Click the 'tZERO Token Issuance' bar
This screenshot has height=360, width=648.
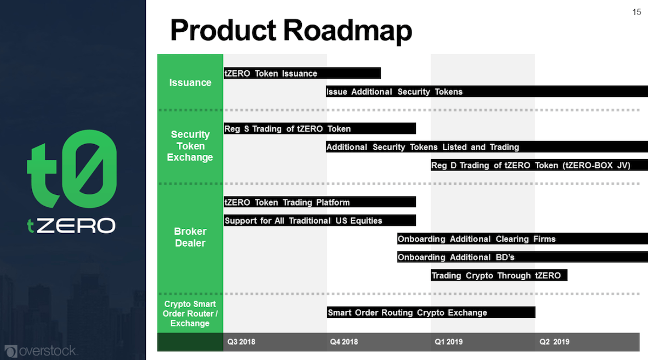pos(302,73)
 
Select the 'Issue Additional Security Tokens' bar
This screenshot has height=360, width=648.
pos(486,92)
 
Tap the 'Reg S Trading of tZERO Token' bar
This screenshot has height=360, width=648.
pos(320,128)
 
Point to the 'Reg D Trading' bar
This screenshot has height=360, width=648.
pos(539,165)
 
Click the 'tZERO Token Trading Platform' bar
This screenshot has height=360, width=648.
pos(320,202)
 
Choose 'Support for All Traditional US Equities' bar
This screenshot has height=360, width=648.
pos(320,221)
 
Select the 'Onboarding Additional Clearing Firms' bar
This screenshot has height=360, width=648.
pos(522,239)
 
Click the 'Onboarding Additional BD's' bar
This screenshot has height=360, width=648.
pos(522,257)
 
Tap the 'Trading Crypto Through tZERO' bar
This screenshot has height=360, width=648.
pos(499,275)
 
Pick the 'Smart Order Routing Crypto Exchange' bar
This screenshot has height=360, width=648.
pos(431,313)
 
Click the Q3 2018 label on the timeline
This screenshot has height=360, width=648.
pos(241,342)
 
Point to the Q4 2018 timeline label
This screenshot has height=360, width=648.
pos(343,342)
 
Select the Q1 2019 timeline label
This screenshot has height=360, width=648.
pos(449,342)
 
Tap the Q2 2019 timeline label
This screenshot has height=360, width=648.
pos(555,342)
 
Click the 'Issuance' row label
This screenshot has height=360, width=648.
pos(190,83)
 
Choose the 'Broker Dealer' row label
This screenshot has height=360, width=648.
pos(190,237)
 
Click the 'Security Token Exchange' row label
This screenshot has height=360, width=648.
pos(190,146)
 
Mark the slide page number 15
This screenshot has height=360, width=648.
pos(636,12)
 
